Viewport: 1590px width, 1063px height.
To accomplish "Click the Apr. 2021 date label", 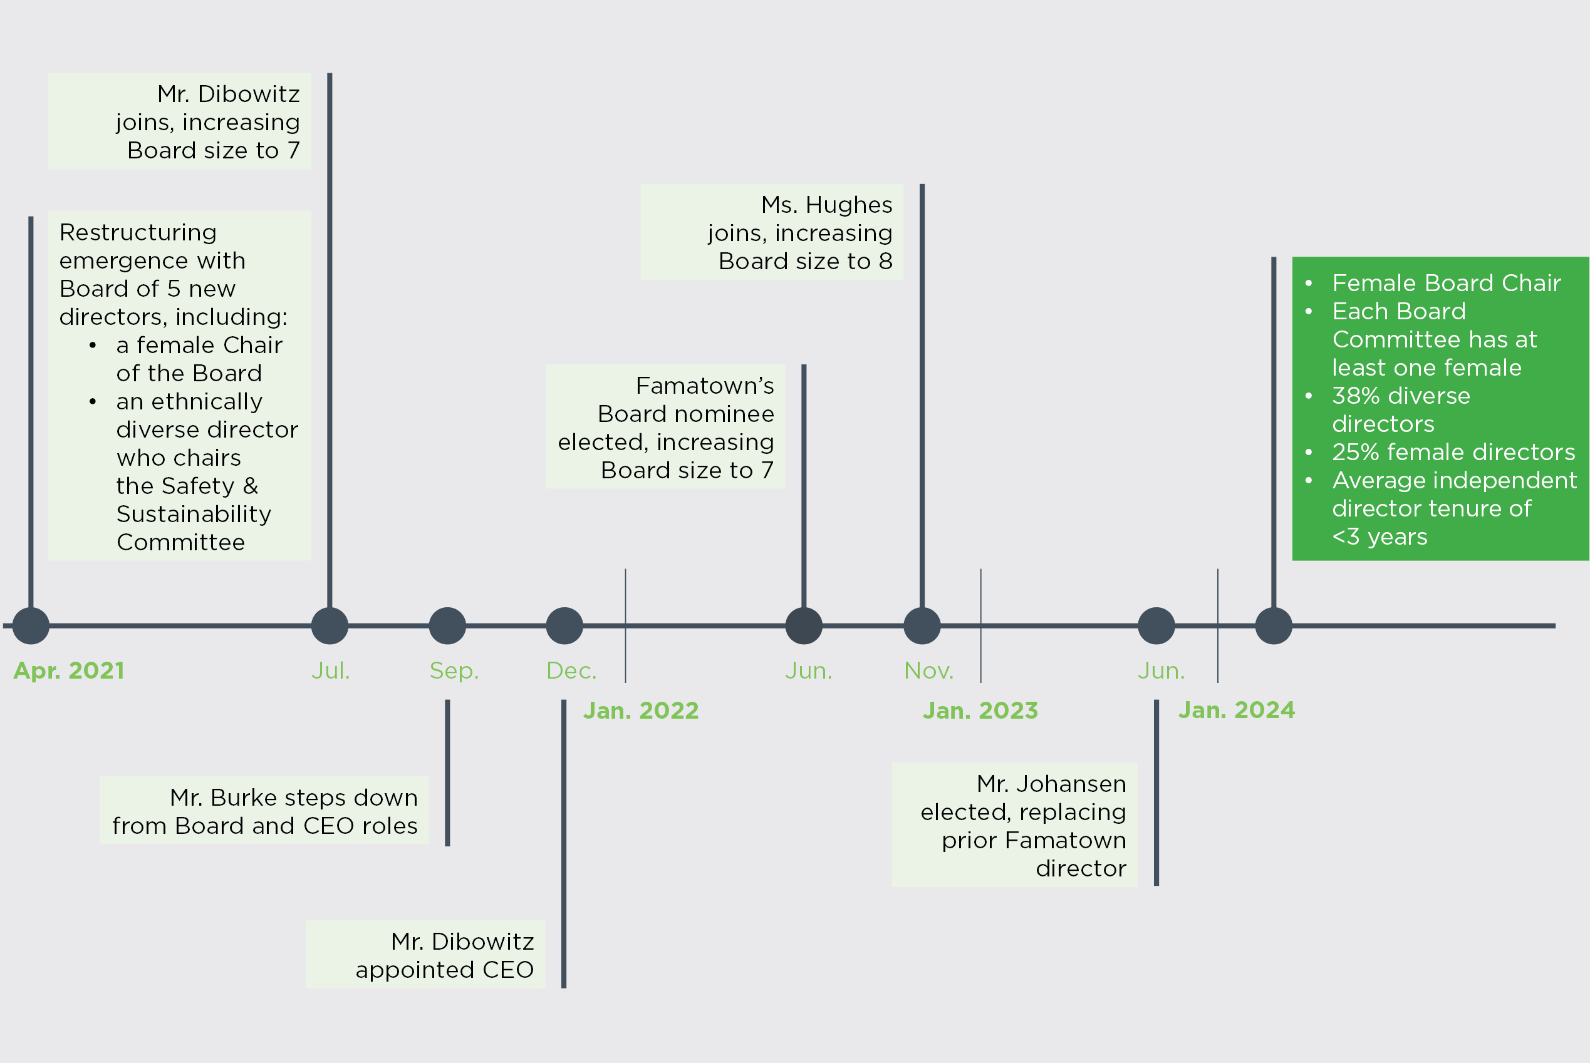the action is [x=68, y=670].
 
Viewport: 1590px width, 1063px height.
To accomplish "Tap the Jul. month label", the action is [x=330, y=670].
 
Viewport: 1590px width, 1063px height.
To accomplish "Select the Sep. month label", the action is [x=454, y=670].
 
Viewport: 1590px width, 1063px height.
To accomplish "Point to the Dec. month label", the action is [x=571, y=670].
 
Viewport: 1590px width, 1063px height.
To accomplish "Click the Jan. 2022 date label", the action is [x=640, y=711].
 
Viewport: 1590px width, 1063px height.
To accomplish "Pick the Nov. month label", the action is [x=928, y=670].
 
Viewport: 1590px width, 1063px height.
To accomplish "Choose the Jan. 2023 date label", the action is [x=980, y=711].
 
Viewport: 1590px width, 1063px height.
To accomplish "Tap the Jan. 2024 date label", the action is [x=1236, y=710].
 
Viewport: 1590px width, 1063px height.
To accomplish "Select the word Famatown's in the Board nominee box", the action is [x=704, y=386].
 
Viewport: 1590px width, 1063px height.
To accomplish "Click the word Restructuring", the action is [x=138, y=232].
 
